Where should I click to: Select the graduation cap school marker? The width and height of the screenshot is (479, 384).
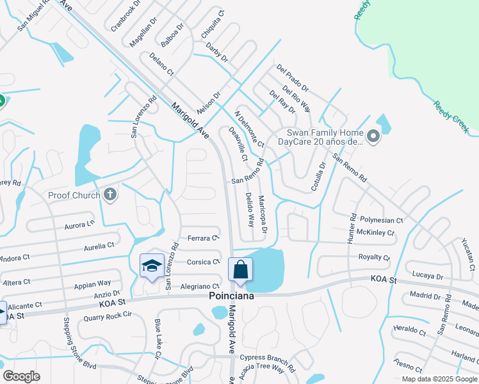pos(152,266)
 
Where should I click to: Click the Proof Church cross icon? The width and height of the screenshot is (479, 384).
pos(110,195)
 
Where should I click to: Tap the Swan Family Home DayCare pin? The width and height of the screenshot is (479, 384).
pos(373,136)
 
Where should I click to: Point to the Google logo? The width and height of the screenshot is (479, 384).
pos(21,376)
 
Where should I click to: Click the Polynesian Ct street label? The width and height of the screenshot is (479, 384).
pos(381,220)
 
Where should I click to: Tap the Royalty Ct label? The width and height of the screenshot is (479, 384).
pos(374,257)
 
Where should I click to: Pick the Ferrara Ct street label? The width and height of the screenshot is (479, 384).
pos(204,238)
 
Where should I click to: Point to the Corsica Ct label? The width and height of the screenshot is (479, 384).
pos(203,262)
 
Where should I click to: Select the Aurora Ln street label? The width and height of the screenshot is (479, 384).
pos(79,225)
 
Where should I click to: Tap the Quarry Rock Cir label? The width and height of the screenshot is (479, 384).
pos(104,314)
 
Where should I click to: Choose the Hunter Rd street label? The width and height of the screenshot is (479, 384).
pos(351,228)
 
